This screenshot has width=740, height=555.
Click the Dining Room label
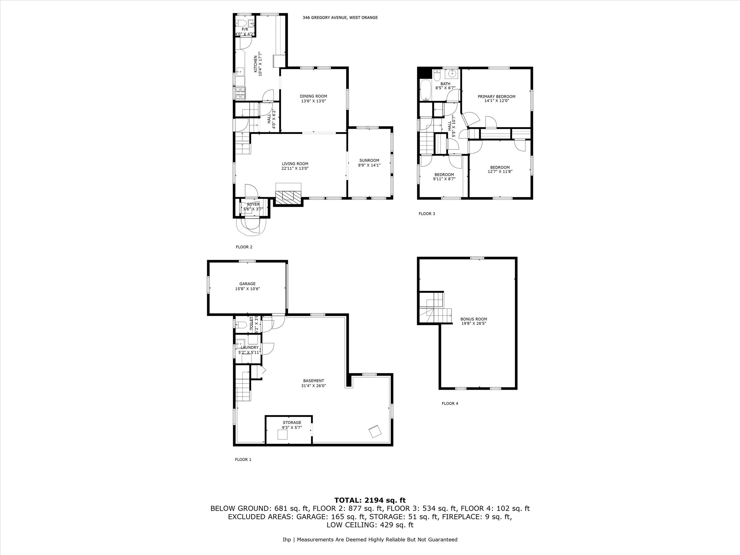pyautogui.click(x=313, y=96)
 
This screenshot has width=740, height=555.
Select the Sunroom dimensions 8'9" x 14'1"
pyautogui.click(x=369, y=165)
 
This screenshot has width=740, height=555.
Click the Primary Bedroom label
pyautogui.click(x=496, y=96)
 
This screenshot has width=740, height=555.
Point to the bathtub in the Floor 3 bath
pyautogui.click(x=425, y=90)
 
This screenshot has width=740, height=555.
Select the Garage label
pyautogui.click(x=247, y=284)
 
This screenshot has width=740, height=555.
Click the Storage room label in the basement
pyautogui.click(x=292, y=422)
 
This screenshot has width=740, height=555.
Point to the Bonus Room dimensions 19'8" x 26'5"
pyautogui.click(x=473, y=323)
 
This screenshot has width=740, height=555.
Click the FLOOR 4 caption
pyautogui.click(x=450, y=403)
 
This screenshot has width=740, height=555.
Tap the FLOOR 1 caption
pyautogui.click(x=243, y=459)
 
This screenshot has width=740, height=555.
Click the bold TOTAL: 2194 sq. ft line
pyautogui.click(x=370, y=500)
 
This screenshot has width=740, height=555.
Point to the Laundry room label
pyautogui.click(x=249, y=347)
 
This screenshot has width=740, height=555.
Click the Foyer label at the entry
pyautogui.click(x=253, y=204)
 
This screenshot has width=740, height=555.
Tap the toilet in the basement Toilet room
pyautogui.click(x=241, y=324)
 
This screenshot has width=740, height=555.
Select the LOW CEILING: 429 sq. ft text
pyautogui.click(x=370, y=524)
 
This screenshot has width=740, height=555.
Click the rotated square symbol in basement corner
pyautogui.click(x=375, y=432)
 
